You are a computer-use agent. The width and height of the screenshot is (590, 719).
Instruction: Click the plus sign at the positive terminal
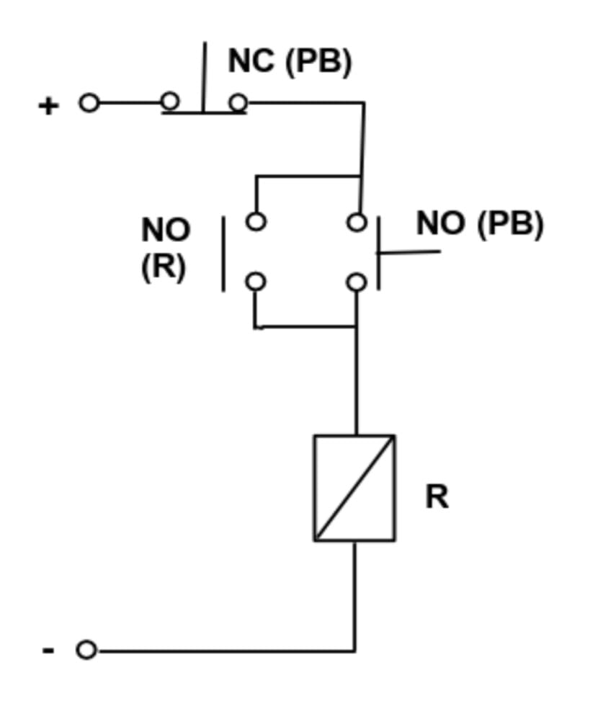click(x=48, y=106)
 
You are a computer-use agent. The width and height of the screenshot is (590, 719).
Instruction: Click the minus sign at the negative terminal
click(x=48, y=651)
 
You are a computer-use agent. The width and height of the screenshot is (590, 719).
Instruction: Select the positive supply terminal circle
click(x=89, y=103)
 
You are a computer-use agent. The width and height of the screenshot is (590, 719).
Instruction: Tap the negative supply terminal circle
click(x=86, y=651)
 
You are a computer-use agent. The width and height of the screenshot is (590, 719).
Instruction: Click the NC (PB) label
click(x=290, y=62)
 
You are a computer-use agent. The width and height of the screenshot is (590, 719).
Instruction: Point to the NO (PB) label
click(x=479, y=224)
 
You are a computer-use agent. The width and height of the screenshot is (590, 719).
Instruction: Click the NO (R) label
click(x=166, y=249)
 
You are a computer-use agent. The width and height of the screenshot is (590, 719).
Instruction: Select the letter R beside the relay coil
click(x=437, y=496)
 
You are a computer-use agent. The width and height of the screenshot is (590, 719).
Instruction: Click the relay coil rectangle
click(x=354, y=488)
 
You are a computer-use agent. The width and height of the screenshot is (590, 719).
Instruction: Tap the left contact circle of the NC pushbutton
click(x=170, y=102)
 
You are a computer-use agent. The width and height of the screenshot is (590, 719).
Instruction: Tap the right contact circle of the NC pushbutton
click(x=238, y=103)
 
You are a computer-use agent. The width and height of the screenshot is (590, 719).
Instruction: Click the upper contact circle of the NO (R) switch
click(x=256, y=221)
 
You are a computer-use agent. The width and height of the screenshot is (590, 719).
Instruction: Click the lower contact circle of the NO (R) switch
click(x=256, y=281)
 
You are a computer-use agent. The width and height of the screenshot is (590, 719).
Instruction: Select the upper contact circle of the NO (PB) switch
click(x=357, y=222)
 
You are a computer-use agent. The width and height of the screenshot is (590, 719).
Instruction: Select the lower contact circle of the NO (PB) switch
click(x=357, y=282)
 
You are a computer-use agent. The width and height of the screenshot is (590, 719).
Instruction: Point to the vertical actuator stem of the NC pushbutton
click(x=204, y=76)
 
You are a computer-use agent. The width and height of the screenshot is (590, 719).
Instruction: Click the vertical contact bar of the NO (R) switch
click(x=223, y=254)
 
